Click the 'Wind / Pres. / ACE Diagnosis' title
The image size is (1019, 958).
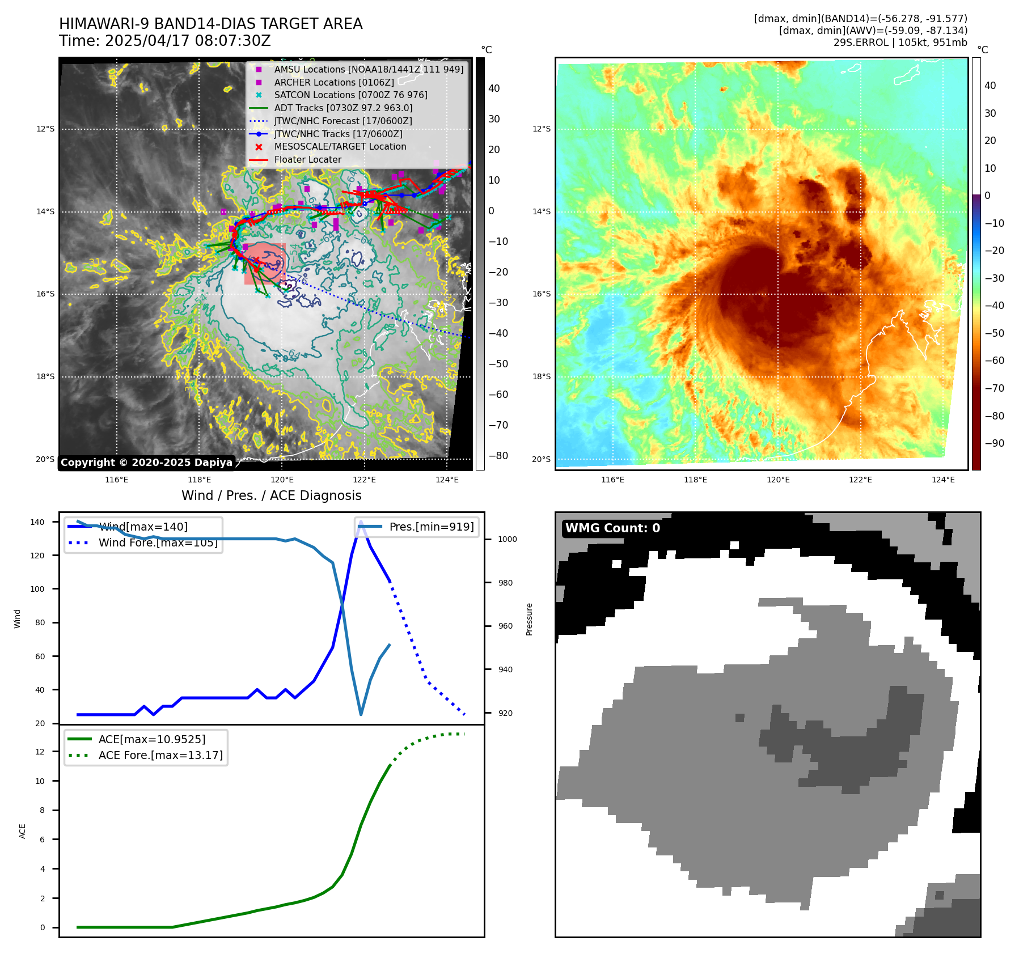(x=271, y=495)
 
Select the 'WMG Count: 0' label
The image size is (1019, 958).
(x=612, y=528)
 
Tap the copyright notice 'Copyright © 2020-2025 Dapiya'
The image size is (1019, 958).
(x=146, y=463)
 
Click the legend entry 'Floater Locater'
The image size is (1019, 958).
(x=307, y=160)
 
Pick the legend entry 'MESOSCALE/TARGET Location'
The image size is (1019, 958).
(x=340, y=147)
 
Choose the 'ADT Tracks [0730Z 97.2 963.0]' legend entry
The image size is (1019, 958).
(x=343, y=108)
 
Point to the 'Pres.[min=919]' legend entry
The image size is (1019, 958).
(x=431, y=527)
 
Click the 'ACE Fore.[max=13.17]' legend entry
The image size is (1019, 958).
(x=160, y=755)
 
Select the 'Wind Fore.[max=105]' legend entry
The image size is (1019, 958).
(x=158, y=542)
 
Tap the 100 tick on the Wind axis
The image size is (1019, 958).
(x=37, y=589)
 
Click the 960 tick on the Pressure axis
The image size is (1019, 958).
(x=505, y=626)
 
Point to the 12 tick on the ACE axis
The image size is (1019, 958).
(x=40, y=752)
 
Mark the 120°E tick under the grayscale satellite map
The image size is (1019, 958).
(x=282, y=480)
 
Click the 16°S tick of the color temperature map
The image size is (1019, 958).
(x=541, y=294)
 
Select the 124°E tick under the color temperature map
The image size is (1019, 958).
(x=943, y=480)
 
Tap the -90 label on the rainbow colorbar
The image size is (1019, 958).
(x=994, y=443)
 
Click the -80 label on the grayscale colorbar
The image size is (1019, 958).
(x=498, y=456)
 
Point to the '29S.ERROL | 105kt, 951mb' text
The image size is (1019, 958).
(x=900, y=43)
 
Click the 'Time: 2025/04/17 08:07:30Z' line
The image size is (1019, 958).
(x=165, y=41)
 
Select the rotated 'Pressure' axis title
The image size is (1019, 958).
(x=529, y=619)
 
